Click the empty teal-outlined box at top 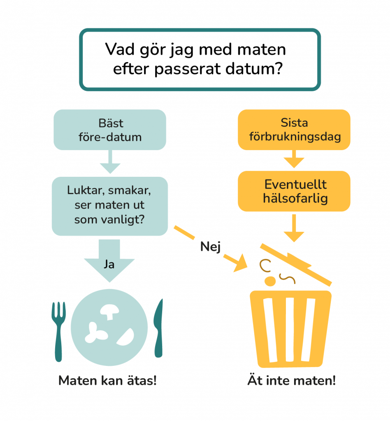click(x=200, y=60)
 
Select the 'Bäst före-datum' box click(x=110, y=130)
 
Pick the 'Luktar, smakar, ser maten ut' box click(x=109, y=206)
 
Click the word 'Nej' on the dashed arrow click(x=211, y=247)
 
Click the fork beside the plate click(x=58, y=329)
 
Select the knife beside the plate click(x=158, y=329)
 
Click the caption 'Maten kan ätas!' click(x=107, y=381)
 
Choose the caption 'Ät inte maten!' click(x=291, y=381)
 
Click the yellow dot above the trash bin click(x=270, y=281)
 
